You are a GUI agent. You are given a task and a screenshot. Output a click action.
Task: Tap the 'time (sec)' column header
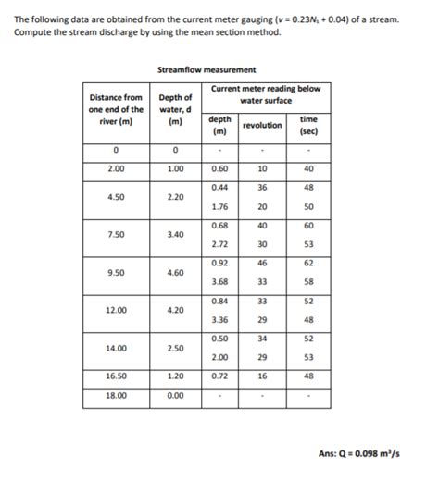(x=308, y=125)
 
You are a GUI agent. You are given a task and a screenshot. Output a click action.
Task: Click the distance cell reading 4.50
(x=116, y=196)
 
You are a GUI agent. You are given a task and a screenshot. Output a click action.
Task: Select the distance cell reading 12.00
(x=116, y=311)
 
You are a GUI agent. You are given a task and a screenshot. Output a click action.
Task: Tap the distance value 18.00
(x=116, y=395)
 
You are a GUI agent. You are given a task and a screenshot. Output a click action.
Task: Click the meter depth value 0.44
(x=220, y=187)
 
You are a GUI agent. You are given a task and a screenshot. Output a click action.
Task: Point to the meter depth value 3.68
(x=220, y=281)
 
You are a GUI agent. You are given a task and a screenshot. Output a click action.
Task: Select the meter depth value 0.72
(x=220, y=376)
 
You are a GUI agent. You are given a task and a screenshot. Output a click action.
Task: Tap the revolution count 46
(x=262, y=264)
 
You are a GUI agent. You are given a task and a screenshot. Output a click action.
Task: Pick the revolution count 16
(x=262, y=376)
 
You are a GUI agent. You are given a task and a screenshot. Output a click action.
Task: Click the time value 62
(x=308, y=264)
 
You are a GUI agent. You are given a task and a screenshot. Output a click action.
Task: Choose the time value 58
(x=308, y=281)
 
